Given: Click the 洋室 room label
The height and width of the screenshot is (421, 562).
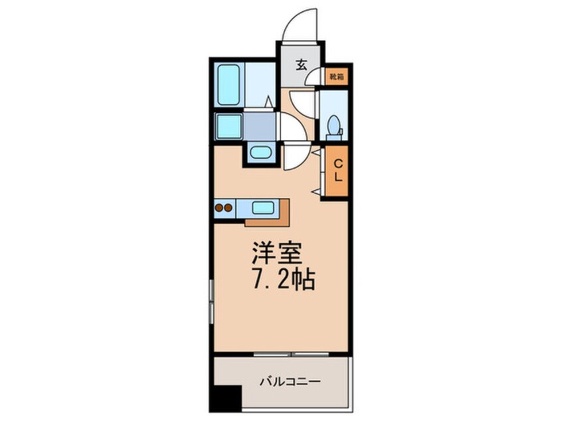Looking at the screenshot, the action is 276,253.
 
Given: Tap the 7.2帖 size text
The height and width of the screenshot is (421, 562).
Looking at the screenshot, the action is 284,280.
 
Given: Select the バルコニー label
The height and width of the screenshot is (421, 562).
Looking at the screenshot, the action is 290,382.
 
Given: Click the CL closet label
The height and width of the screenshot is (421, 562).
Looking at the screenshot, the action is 338,170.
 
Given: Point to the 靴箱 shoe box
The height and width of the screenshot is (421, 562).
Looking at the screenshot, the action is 337,76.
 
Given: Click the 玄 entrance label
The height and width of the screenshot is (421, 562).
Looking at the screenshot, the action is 301,64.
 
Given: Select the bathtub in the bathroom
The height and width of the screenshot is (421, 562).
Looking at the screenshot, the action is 229,84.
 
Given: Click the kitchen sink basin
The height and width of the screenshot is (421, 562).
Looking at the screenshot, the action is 262,207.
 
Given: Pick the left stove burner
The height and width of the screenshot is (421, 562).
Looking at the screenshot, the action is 219,208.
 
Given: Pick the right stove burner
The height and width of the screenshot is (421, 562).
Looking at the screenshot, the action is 228,208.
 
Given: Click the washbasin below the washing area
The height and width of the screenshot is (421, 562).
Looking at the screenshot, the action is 260,153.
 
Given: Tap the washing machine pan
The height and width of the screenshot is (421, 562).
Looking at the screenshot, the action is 229,126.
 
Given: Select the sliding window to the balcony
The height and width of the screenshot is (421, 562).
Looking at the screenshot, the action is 291,355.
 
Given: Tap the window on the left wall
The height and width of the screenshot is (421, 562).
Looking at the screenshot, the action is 211,301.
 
